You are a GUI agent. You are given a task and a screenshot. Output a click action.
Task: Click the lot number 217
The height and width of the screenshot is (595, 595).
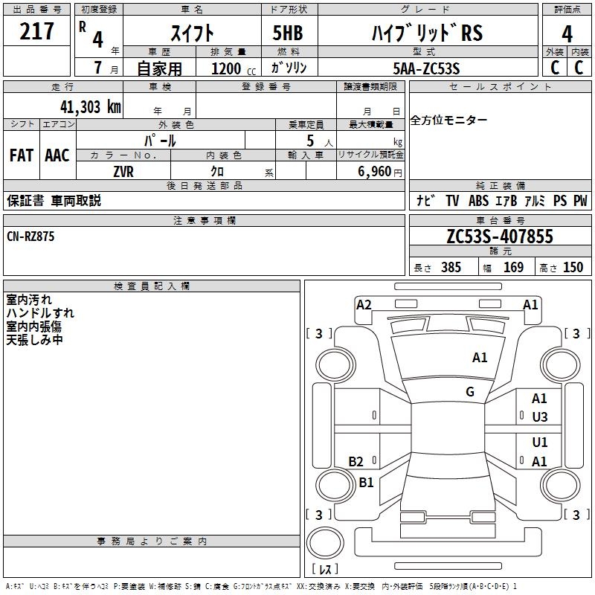click(x=37, y=31)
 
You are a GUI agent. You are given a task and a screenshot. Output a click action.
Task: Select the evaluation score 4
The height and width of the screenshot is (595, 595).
click(x=567, y=34)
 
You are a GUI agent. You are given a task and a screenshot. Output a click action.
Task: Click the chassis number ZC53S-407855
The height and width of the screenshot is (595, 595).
click(x=499, y=237)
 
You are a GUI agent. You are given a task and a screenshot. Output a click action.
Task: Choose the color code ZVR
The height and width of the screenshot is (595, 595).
click(x=123, y=171)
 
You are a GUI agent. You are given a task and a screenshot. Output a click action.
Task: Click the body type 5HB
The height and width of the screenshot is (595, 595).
click(x=288, y=33)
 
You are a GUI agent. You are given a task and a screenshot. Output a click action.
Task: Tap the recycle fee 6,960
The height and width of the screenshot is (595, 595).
click(x=374, y=171)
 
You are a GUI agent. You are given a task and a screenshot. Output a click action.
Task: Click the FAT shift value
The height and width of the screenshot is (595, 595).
click(x=22, y=155)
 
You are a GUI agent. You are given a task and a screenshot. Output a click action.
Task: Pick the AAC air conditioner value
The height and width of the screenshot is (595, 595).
click(x=57, y=155)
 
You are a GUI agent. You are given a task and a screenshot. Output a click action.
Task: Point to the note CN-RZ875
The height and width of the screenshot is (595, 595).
click(x=30, y=237)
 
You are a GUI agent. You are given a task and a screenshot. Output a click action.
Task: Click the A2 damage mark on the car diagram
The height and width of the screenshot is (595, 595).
click(x=364, y=304)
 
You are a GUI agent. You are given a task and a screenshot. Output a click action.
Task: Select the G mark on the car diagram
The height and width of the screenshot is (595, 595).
click(x=470, y=392)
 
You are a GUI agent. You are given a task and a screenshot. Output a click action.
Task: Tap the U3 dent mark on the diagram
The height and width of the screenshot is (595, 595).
click(x=540, y=417)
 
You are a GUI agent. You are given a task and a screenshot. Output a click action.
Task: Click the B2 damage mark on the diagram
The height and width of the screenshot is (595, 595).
click(x=356, y=462)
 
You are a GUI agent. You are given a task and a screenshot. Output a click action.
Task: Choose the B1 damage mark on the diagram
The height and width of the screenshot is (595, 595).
click(x=366, y=483)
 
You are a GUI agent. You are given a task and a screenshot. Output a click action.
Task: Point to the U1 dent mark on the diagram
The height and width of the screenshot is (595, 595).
click(x=540, y=443)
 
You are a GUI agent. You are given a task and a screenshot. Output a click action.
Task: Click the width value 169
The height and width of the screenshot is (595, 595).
click(x=513, y=268)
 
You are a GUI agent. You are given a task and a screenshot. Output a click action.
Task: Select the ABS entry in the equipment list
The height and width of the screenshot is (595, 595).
click(x=479, y=201)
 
